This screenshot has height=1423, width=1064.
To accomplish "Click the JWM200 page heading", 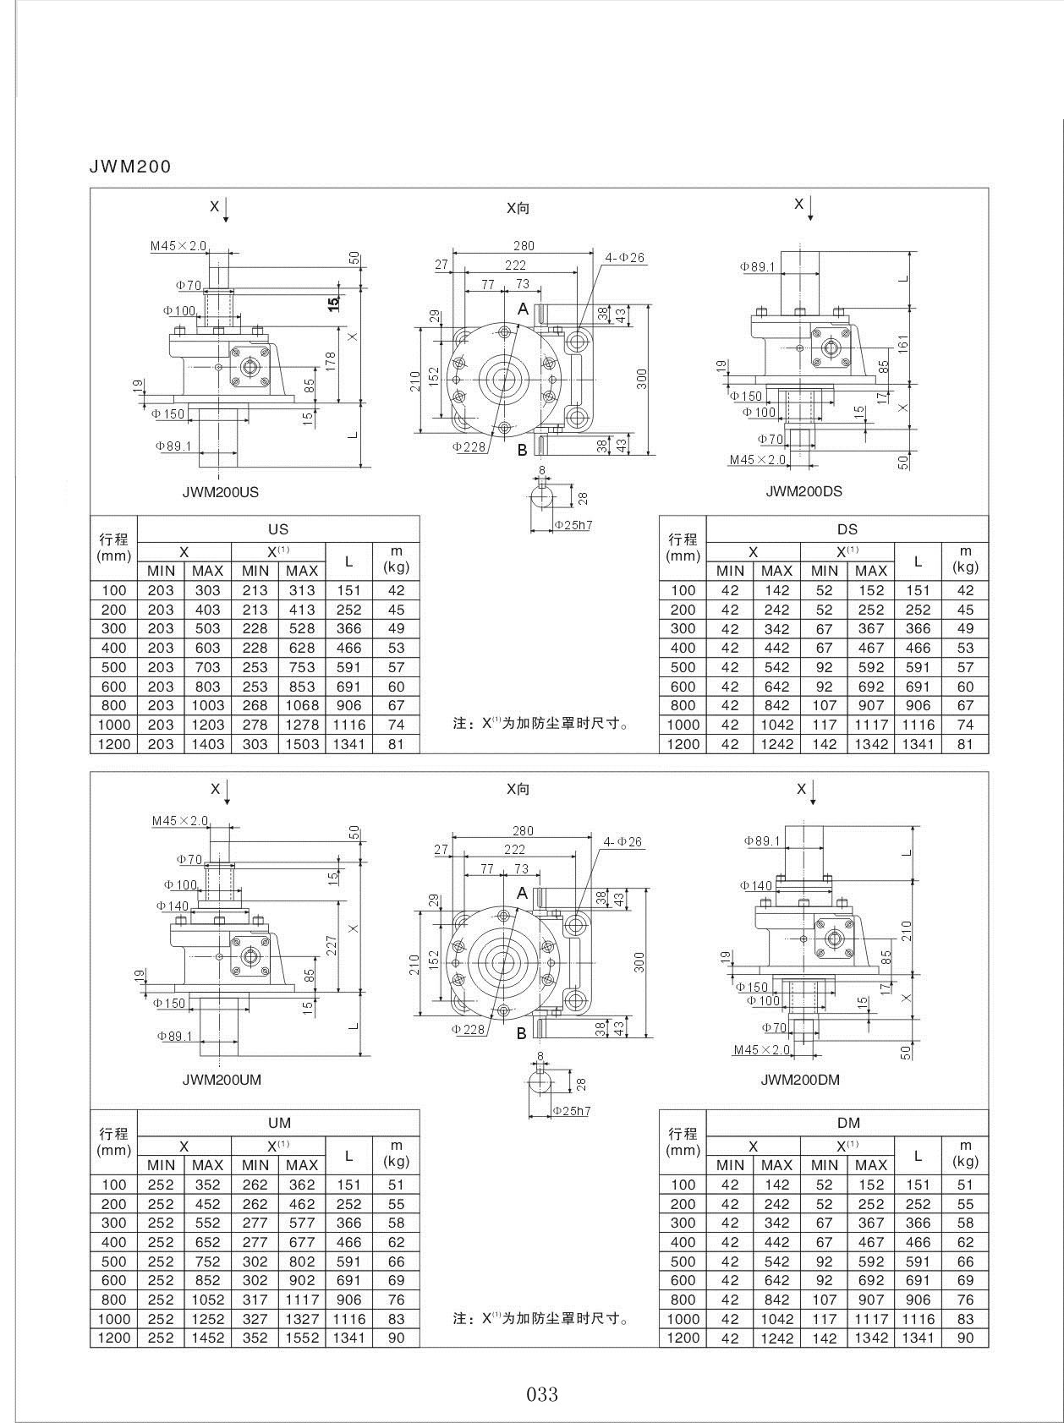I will coord(130,167).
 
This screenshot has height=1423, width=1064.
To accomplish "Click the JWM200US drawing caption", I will coord(221,491).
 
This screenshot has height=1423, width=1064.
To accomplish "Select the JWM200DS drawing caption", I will coord(803,491).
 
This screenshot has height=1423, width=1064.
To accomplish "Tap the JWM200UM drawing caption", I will coord(222,1080).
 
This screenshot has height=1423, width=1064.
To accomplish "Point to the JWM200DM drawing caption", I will coord(800,1080).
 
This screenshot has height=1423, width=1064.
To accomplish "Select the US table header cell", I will coord(278,529).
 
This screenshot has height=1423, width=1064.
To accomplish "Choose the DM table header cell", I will coord(847,1123).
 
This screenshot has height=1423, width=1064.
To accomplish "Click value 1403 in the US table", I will coord(207,744).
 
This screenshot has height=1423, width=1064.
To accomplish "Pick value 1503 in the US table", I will coord(302,744).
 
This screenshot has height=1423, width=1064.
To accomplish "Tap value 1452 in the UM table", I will coord(207,1338).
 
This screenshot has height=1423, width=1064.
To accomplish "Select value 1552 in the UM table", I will coord(302,1338).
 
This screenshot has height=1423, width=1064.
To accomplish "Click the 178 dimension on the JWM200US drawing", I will coord(332,361).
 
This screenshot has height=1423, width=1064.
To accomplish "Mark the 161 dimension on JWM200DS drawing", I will coord(902,342).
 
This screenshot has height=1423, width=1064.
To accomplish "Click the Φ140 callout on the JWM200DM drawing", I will coord(757,885).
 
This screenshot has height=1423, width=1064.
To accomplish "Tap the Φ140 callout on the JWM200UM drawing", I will coord(173,906).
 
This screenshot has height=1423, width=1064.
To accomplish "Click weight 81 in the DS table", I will coord(965,744).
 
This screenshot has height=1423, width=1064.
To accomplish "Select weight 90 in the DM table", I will coord(965,1338).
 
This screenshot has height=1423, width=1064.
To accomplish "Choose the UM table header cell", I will coord(278,1123).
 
